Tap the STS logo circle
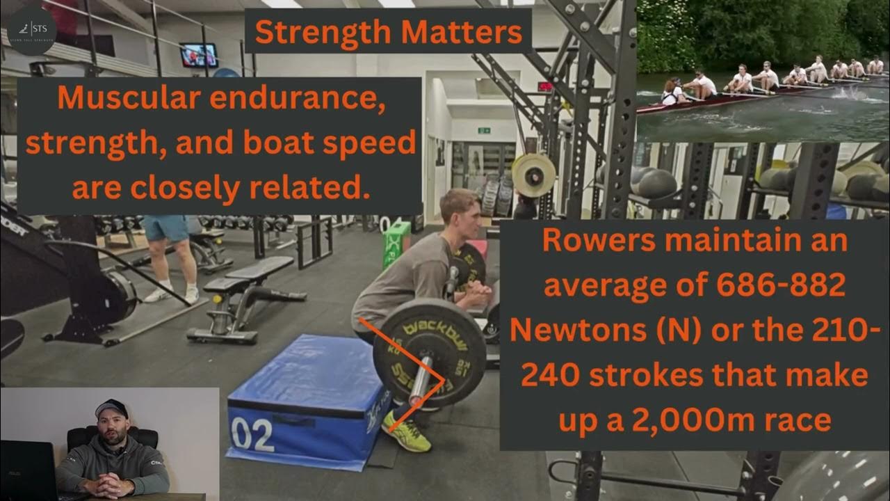point(29,31)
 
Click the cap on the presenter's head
point(111,407)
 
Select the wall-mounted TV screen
point(199,55)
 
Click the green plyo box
point(396,244)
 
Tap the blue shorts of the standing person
point(165,228)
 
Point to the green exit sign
point(484,130)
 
